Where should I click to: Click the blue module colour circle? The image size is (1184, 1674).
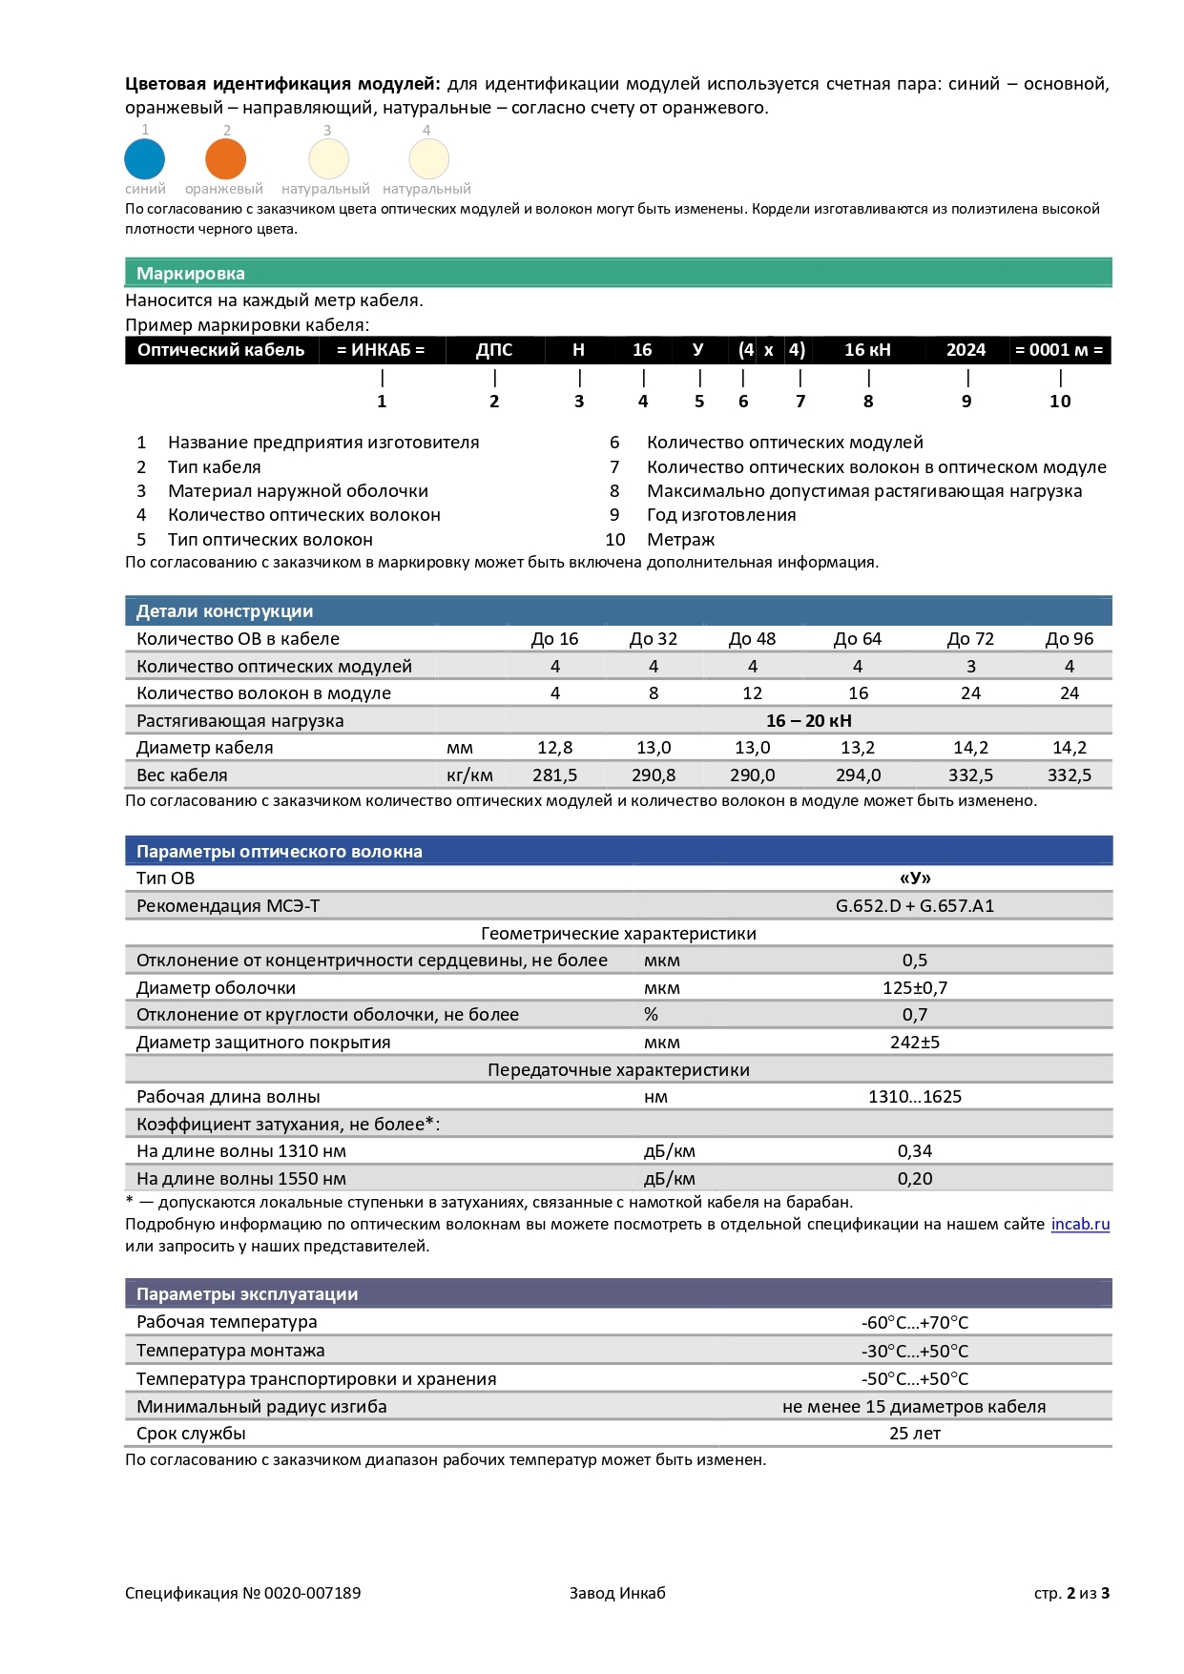[x=145, y=158]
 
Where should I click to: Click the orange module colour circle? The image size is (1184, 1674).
[x=226, y=158]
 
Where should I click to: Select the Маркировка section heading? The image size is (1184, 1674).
[x=191, y=274]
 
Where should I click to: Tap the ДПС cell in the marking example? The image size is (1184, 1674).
[x=494, y=350]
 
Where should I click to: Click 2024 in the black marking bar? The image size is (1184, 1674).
[x=966, y=350]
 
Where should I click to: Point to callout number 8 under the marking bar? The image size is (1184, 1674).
[x=868, y=402]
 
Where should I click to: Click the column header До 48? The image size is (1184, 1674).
[x=752, y=639]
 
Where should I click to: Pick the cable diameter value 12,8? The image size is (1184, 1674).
[x=554, y=748]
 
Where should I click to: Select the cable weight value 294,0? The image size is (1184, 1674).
[x=858, y=775]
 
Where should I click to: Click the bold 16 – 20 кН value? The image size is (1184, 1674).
[x=808, y=721]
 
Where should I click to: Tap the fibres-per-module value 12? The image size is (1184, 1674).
[x=752, y=693]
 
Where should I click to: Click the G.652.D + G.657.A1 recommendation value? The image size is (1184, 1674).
[x=914, y=906]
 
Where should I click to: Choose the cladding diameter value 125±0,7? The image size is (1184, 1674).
[x=914, y=988]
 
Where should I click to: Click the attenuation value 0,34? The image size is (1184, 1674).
[x=914, y=1151]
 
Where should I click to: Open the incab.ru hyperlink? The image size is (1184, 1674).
[x=1080, y=1225]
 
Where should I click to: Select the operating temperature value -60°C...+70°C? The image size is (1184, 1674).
[x=914, y=1323]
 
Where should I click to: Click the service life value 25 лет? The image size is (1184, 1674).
[x=914, y=1434]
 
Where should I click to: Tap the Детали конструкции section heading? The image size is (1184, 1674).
[x=224, y=611]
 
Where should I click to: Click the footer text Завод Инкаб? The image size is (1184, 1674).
[x=617, y=1593]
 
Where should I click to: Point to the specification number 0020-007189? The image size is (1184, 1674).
[x=312, y=1593]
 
